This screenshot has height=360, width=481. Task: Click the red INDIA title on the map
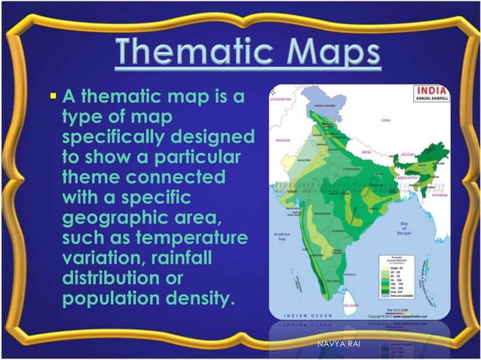(x=429, y=91)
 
